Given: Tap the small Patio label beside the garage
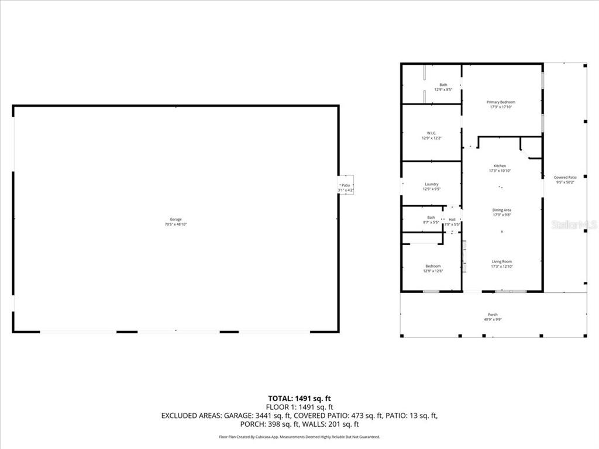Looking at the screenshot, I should (x=346, y=185).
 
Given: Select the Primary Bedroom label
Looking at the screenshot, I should (x=501, y=102).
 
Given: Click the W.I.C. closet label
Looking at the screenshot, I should (x=432, y=133).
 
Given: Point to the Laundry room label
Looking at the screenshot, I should (x=432, y=184).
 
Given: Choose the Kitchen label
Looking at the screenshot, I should (x=500, y=166).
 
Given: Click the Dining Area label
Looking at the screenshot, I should (x=501, y=210).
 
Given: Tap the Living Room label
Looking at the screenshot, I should (x=501, y=261).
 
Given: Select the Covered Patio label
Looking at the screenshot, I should (x=565, y=177).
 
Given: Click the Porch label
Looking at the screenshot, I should (x=493, y=315).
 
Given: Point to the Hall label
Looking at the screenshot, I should (x=452, y=219).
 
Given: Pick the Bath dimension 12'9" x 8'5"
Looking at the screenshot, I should (x=443, y=90).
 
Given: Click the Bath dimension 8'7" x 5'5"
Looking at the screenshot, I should (x=431, y=222).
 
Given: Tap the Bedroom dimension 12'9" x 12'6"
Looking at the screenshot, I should (x=433, y=271).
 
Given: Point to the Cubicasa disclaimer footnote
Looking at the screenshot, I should (x=299, y=437).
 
